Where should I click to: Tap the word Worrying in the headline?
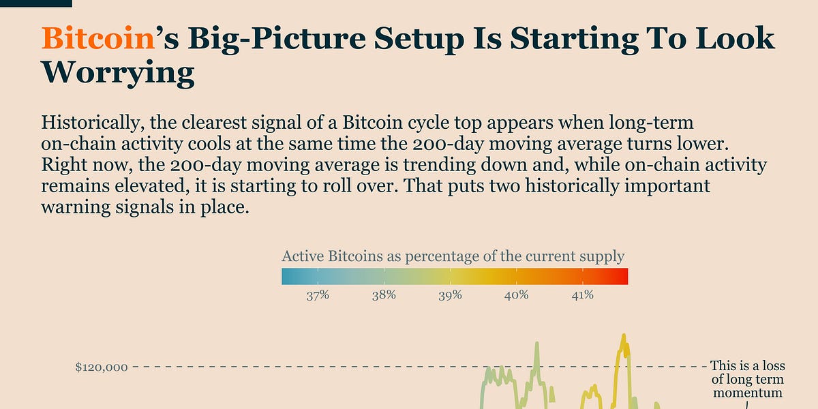click(117, 73)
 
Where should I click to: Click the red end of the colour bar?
click(622, 276)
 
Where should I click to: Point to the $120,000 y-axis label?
click(102, 367)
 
